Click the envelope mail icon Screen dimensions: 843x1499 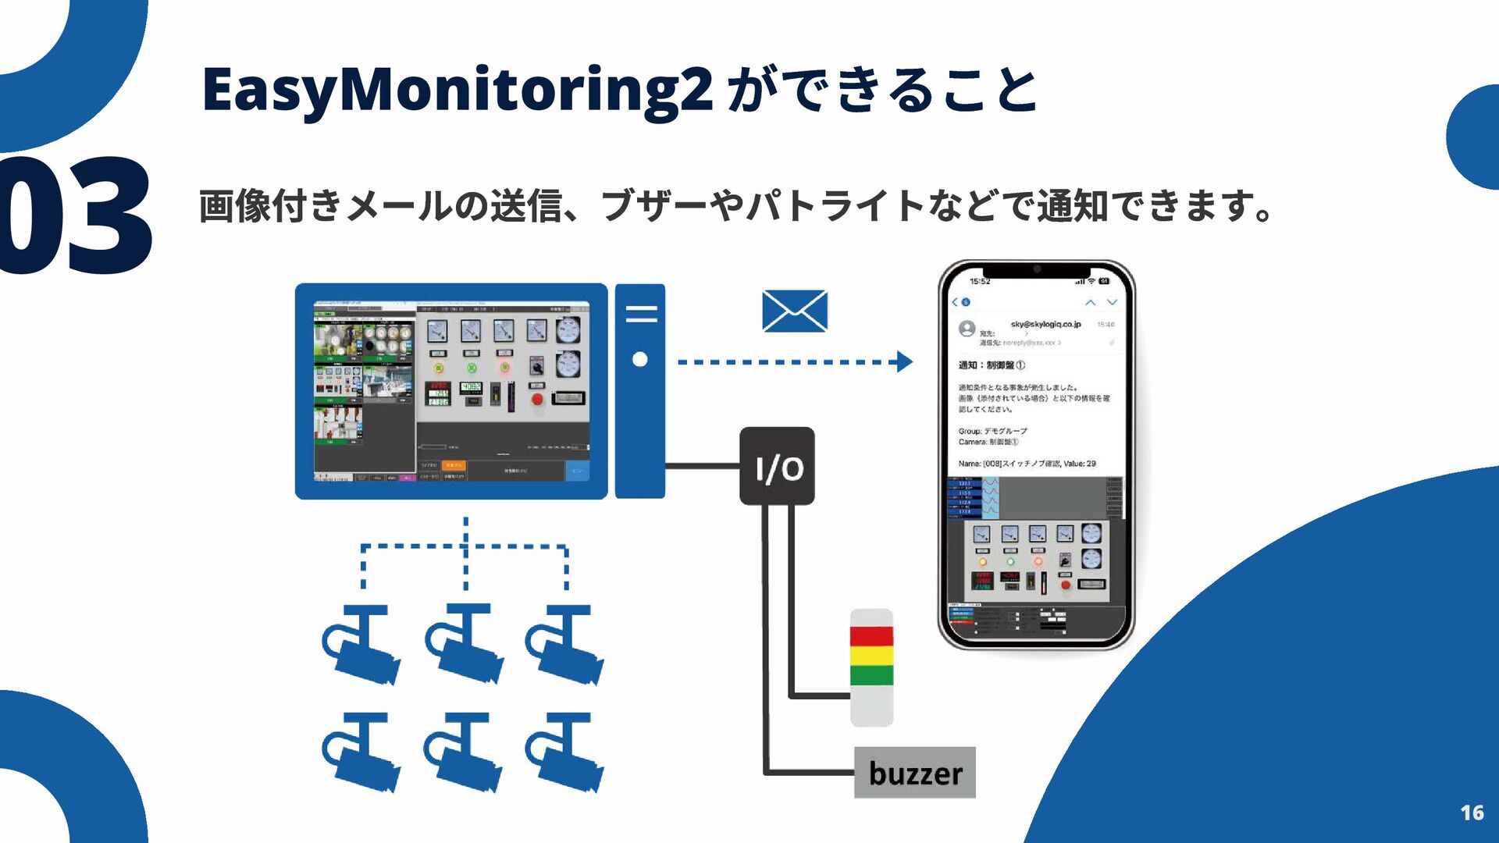(x=794, y=311)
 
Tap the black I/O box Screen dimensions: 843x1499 (x=777, y=466)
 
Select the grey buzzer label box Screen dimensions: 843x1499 (x=914, y=773)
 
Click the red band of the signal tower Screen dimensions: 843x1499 (x=871, y=636)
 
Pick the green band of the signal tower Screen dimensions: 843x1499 (x=871, y=675)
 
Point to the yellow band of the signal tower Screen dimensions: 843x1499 (x=871, y=656)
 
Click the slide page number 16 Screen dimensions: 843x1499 (x=1472, y=813)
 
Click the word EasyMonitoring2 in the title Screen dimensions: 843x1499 (x=457, y=90)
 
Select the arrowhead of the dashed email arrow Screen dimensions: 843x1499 (x=905, y=361)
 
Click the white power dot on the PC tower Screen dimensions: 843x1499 (x=640, y=359)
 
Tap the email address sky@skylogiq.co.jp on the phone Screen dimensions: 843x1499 (x=1045, y=324)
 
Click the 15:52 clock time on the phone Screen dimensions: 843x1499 (x=980, y=281)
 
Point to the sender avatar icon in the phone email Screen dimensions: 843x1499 (x=967, y=329)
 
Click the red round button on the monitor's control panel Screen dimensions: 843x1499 (x=537, y=399)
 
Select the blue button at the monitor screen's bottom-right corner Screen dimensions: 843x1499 (x=577, y=471)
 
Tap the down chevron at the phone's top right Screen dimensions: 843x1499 (x=1113, y=302)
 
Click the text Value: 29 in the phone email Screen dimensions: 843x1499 (x=1080, y=464)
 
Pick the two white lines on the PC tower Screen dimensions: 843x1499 (x=641, y=314)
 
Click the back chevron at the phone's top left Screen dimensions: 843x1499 (x=955, y=302)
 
